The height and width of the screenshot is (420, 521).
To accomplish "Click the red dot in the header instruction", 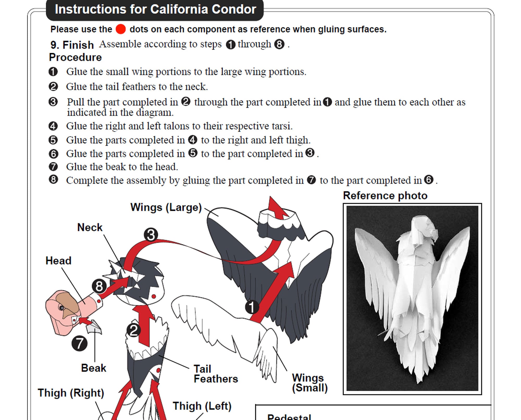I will (121, 29).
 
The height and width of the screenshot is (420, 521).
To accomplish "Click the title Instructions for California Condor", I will (156, 10).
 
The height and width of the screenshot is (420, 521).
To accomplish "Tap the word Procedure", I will (75, 57).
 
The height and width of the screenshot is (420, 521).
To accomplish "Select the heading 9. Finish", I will (72, 45).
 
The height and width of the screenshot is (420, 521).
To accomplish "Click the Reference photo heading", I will (385, 196).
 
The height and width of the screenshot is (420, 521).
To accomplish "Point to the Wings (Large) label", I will (166, 207).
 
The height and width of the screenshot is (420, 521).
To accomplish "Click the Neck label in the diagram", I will (90, 227).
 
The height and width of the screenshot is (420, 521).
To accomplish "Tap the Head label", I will (58, 261).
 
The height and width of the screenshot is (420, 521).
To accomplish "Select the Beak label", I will (94, 368).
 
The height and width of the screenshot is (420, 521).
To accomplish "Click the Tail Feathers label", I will (215, 374).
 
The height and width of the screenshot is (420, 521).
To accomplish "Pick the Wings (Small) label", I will (309, 383).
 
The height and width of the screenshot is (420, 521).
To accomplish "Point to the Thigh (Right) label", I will (71, 393).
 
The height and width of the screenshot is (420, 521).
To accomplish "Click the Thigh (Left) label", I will (202, 406).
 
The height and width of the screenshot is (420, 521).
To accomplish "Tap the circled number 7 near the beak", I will (79, 343).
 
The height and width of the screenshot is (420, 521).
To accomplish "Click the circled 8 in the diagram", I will (99, 286).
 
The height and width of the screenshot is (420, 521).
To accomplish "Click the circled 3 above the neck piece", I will (151, 235).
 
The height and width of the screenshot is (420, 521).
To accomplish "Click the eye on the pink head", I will (62, 308).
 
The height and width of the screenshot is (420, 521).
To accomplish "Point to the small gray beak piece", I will (94, 328).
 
